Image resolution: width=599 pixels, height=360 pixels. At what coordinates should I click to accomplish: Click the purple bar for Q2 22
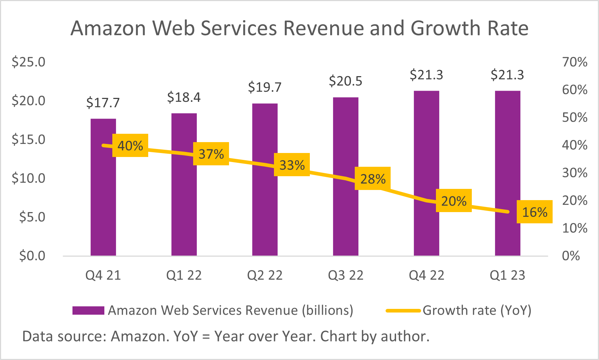coord(265,210)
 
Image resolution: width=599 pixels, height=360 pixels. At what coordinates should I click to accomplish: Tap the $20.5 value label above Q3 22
coord(345,81)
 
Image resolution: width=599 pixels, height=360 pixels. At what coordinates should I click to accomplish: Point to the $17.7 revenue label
coord(103,103)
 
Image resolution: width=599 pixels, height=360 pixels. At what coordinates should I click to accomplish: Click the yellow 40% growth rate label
coord(130,145)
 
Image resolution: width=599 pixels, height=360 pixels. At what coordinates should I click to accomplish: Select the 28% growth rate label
coord(373,179)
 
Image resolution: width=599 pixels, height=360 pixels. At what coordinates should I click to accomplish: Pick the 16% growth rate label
coord(534,212)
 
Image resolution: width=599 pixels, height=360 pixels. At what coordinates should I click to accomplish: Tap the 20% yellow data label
coord(454,200)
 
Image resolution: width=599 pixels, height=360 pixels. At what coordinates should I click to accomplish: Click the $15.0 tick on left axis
coord(29,139)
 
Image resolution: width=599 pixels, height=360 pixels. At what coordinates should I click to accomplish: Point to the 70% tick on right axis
coord(574,62)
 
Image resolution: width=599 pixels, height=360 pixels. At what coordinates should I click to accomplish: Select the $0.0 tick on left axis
coord(32,256)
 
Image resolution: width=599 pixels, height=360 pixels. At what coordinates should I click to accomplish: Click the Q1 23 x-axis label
coord(507,276)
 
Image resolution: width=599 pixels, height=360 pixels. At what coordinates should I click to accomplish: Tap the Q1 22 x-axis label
coord(184,276)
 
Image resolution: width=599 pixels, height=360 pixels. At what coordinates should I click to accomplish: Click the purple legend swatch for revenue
coord(88,310)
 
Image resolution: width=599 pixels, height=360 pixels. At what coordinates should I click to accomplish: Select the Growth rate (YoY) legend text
coord(477,310)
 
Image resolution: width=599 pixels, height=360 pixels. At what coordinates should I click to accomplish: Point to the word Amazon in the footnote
coord(140,336)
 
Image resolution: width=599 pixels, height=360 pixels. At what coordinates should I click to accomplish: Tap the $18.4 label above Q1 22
coord(184,98)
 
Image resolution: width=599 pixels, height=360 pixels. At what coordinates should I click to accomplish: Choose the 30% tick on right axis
coord(574,173)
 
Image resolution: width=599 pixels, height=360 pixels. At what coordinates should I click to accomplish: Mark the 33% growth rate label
coord(292,165)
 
